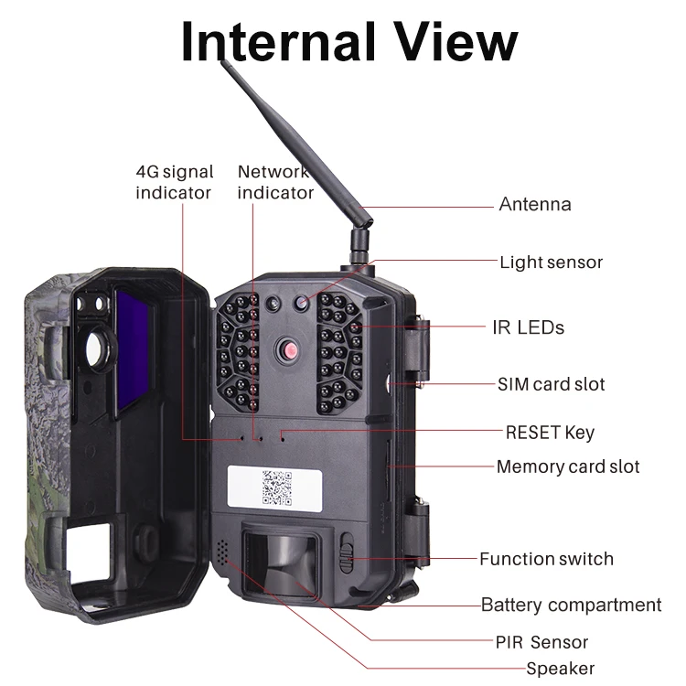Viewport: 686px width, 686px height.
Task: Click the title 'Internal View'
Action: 348,40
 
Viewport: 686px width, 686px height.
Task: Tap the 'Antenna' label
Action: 534,204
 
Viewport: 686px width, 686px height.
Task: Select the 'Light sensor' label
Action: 551,263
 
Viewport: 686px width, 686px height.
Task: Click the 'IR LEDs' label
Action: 528,327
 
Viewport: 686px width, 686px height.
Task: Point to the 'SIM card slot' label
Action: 551,384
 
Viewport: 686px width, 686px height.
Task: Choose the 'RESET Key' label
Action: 550,432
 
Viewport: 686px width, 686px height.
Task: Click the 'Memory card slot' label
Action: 567,466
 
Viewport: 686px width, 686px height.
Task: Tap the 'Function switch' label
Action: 546,559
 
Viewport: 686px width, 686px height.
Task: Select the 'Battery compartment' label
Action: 571,605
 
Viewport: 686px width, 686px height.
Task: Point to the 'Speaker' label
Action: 560,669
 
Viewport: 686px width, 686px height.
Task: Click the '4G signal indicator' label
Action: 174,182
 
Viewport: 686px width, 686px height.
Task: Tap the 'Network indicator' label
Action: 275,182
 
